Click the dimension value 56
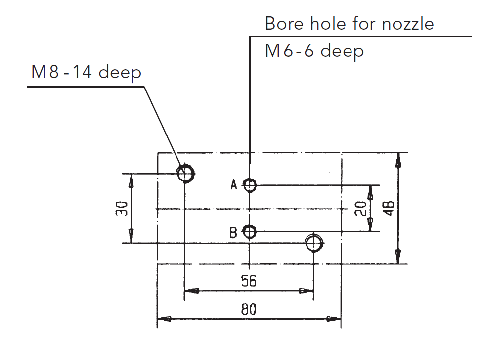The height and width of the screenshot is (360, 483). (x=249, y=281)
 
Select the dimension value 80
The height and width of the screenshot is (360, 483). (x=249, y=310)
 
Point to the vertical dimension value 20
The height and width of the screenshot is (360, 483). (x=361, y=208)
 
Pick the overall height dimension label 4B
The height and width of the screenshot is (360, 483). (x=389, y=208)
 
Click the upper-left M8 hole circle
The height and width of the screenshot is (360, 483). (x=186, y=174)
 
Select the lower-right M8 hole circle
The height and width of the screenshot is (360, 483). (x=314, y=243)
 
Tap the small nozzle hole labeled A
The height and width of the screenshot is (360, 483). (x=250, y=185)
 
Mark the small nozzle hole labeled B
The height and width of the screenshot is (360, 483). (x=250, y=231)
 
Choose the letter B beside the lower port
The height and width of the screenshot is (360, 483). (x=233, y=232)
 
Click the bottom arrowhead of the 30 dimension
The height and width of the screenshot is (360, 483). (x=131, y=238)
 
